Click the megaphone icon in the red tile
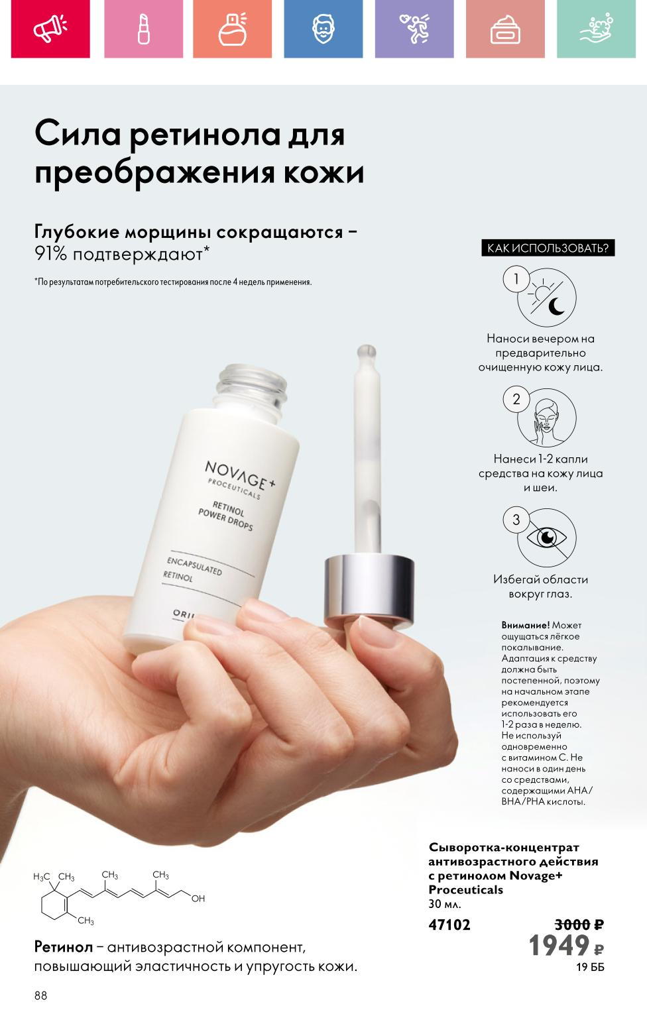50,28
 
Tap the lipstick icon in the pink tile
144,28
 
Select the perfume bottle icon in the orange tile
233,28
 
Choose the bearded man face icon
323,28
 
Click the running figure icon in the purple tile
414,28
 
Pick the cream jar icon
506,30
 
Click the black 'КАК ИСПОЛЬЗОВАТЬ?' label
548,248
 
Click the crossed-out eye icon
547,538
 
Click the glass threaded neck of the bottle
252,387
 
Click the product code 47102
449,925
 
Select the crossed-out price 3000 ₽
579,925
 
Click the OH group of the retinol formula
198,899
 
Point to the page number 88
40,995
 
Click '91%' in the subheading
50,254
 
